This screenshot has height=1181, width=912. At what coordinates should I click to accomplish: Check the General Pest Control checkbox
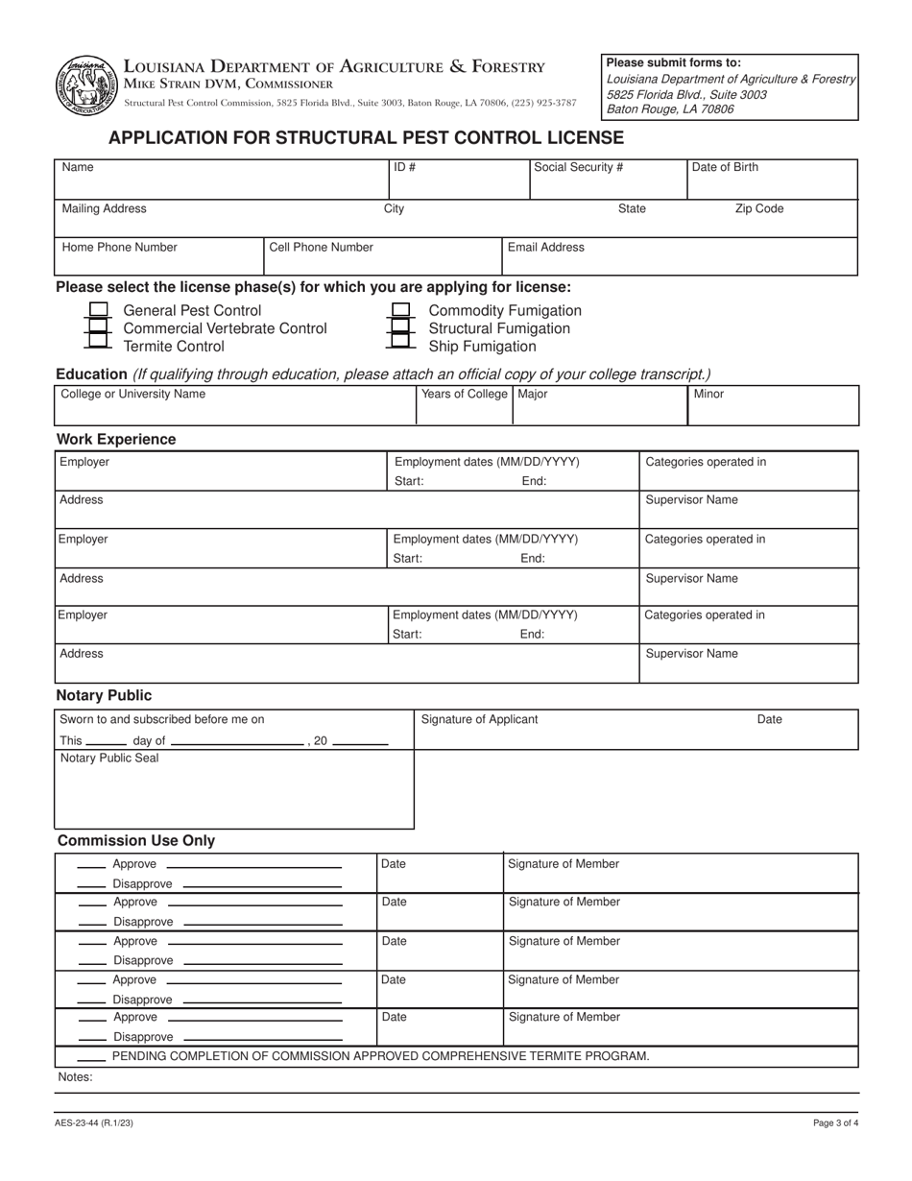click(x=98, y=310)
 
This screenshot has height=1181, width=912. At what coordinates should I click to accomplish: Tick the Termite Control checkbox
click(x=98, y=346)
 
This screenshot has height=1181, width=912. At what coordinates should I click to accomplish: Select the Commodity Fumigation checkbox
click(x=400, y=310)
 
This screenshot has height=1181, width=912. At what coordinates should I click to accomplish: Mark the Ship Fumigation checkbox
click(x=400, y=346)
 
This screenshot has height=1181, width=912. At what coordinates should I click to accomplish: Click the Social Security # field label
click(x=578, y=167)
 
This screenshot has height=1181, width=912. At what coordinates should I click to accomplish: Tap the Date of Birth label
click(x=725, y=167)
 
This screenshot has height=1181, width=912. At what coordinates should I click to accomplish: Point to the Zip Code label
click(x=759, y=208)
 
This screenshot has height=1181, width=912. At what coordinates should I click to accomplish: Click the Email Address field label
click(x=545, y=247)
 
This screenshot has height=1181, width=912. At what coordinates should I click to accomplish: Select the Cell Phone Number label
click(x=321, y=247)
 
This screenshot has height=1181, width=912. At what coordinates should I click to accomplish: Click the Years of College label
click(x=465, y=394)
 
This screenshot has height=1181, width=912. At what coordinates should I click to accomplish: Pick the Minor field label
click(x=708, y=394)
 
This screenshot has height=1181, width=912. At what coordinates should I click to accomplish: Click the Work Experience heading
click(x=116, y=439)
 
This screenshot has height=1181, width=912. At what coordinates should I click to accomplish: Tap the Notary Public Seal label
click(x=109, y=758)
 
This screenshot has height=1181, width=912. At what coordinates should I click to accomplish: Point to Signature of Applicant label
click(x=479, y=719)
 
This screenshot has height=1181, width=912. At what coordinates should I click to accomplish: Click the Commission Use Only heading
click(x=136, y=840)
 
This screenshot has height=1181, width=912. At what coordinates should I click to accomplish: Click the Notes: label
click(x=76, y=1077)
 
